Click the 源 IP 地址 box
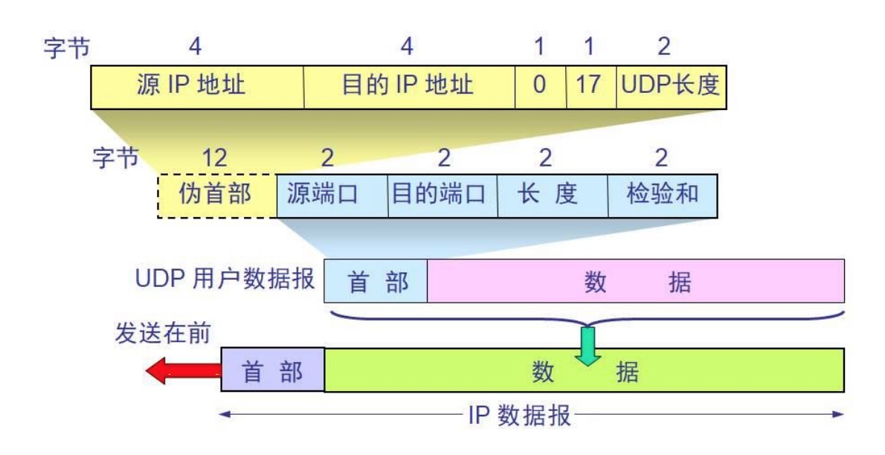[197, 85]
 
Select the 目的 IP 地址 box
[409, 85]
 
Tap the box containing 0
[540, 85]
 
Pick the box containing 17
[590, 85]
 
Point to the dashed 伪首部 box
[216, 196]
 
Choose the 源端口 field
[332, 196]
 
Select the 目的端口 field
[442, 196]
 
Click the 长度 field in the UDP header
[553, 196]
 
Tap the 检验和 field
[663, 196]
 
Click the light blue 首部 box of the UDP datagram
[376, 282]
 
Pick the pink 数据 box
[636, 282]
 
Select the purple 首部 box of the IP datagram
[273, 370]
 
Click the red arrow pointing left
[182, 370]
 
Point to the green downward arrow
[588, 346]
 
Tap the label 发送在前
[162, 334]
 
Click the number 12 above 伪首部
[215, 157]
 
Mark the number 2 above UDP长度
[663, 47]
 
